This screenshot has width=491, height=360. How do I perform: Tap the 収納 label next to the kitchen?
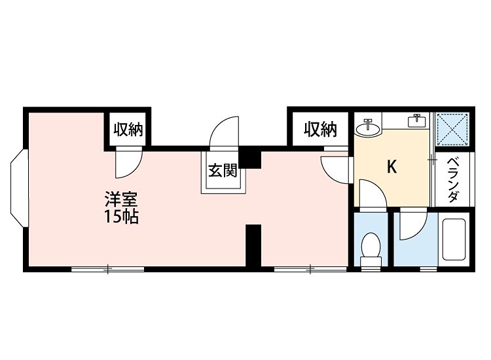tap(321, 130)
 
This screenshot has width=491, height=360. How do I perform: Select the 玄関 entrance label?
tap(222, 171)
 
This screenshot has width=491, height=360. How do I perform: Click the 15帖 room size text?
tap(121, 217)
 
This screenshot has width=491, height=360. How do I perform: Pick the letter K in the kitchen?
tap(391, 168)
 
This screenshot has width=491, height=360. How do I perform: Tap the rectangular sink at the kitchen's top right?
tap(416, 120)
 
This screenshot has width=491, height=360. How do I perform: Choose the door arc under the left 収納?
tap(128, 164)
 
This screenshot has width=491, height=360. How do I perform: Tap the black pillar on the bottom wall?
tap(253, 245)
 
